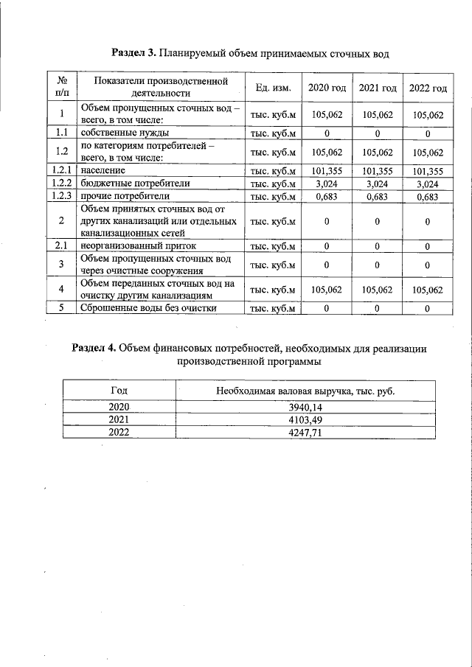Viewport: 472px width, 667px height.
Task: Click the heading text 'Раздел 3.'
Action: (x=133, y=52)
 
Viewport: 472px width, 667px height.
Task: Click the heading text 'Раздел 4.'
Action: (x=94, y=348)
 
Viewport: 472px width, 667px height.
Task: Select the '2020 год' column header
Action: (x=327, y=88)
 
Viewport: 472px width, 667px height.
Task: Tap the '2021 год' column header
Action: (x=378, y=88)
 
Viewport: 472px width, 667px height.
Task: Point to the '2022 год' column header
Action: (x=428, y=88)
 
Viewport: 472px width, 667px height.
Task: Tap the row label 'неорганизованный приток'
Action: (x=138, y=245)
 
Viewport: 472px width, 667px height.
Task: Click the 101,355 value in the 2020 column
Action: (x=327, y=170)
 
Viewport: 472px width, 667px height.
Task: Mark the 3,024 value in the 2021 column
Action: (x=378, y=184)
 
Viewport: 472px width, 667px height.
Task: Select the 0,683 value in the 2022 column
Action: (x=428, y=197)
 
